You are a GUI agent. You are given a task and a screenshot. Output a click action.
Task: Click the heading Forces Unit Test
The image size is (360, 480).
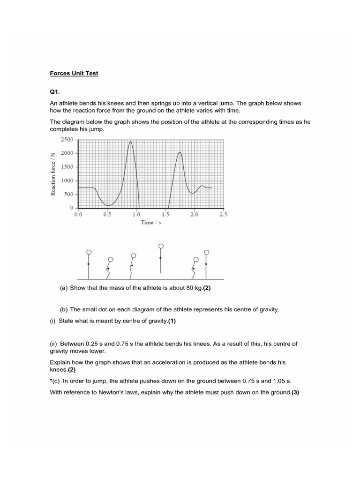pos(74,74)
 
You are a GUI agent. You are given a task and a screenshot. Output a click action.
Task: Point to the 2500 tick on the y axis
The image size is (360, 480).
pos(67,140)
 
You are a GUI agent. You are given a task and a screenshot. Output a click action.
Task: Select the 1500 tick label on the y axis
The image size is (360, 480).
pos(67,167)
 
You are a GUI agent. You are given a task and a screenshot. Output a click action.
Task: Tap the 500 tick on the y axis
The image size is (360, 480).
pos(69,194)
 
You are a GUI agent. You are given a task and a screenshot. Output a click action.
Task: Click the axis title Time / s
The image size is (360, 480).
pos(151,223)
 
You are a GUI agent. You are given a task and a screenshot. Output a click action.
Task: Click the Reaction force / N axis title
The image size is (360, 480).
pos(53,173)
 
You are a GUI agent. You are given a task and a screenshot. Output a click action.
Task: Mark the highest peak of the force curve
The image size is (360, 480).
pos(130,141)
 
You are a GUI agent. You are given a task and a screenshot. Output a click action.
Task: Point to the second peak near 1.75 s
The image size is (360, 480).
pos(180,152)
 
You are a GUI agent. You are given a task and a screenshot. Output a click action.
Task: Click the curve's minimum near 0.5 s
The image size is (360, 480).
pos(108,205)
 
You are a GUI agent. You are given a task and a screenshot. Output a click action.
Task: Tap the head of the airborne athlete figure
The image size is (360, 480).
pos(161,246)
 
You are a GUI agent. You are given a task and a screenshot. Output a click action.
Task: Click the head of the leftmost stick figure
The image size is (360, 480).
pos(89,253)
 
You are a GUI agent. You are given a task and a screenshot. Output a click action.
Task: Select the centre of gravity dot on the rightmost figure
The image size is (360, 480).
pos(206,264)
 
